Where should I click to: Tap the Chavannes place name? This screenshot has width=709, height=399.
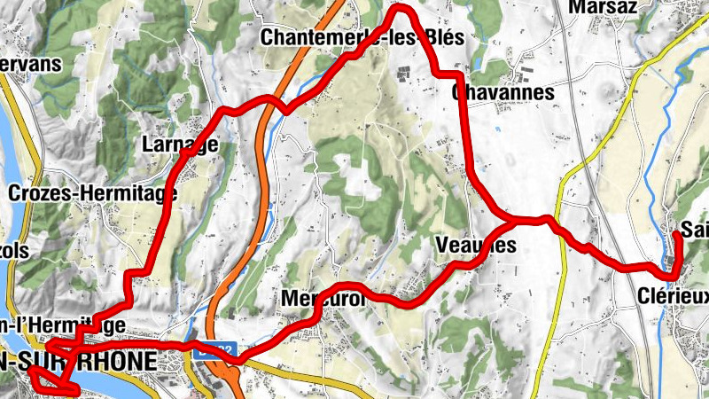click(x=503, y=92)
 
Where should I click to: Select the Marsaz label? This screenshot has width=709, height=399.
click(x=605, y=7)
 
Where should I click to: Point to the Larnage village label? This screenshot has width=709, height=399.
click(x=180, y=145)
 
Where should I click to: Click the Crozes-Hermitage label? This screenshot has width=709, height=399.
click(x=92, y=192)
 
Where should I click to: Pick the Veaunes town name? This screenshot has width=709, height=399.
click(x=476, y=246)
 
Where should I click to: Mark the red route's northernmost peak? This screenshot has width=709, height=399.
click(x=401, y=8)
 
